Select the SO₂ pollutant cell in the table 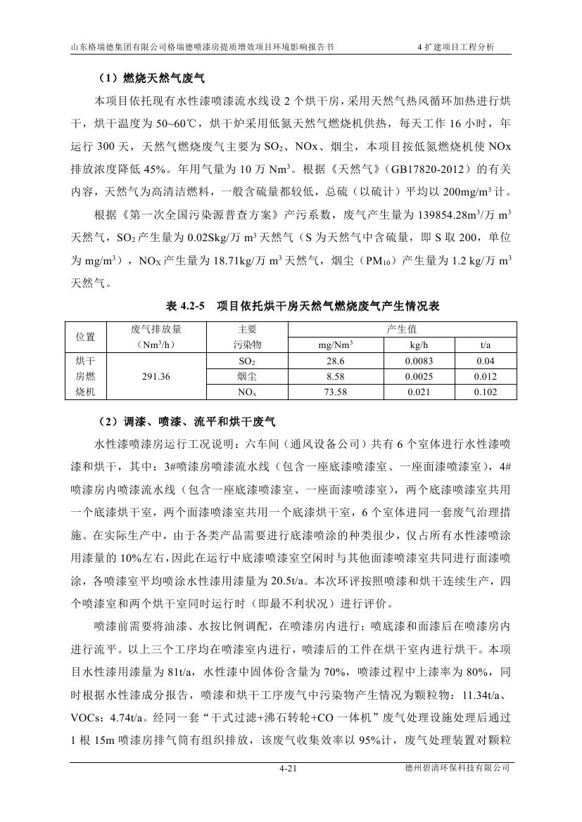(247, 361)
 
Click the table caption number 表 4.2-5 (185, 307)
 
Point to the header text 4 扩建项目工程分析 (457, 47)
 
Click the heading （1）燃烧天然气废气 (150, 78)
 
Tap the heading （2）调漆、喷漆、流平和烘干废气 (185, 423)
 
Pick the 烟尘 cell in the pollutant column (247, 376)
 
